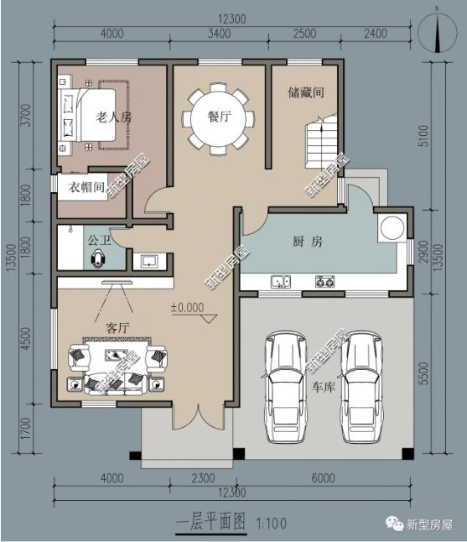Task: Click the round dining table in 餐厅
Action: [x=218, y=118]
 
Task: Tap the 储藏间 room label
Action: [x=306, y=92]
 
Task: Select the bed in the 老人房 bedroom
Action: [x=88, y=115]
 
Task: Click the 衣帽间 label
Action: [x=86, y=187]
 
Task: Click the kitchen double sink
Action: [x=281, y=282]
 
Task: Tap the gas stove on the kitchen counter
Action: [x=324, y=282]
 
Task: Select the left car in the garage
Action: [x=285, y=387]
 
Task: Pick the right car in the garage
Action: [x=361, y=387]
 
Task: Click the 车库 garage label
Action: [x=324, y=387]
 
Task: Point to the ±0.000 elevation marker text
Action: [x=188, y=307]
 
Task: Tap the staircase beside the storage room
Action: [x=320, y=142]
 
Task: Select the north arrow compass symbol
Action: [x=438, y=33]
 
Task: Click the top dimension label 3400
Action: [x=220, y=34]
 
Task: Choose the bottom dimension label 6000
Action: [x=323, y=478]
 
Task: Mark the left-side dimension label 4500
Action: [x=26, y=339]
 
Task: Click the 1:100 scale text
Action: [x=271, y=524]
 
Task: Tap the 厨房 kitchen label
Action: [x=308, y=242]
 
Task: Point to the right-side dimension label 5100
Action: [x=423, y=136]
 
